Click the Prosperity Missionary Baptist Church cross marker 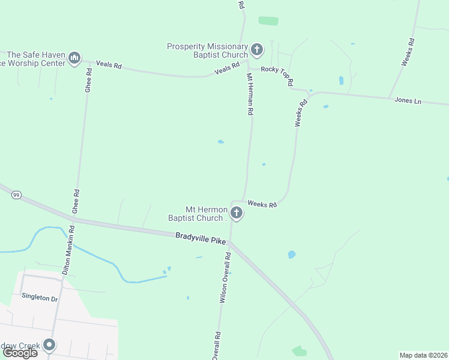point(257,49)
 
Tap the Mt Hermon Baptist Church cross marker point(237,212)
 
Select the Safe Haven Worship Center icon point(74,58)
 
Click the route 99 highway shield point(16,194)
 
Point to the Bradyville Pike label point(200,238)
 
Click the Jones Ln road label point(408,101)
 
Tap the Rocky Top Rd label point(277,74)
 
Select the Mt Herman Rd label point(250,94)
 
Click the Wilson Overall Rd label point(224,277)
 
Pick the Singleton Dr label point(40,298)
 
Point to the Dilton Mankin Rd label point(68,250)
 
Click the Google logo point(20,353)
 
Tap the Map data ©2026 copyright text point(423,355)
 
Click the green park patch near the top point(268,21)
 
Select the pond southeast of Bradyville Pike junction point(292,254)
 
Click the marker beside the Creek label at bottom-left point(49,345)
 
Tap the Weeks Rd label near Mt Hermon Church point(262,205)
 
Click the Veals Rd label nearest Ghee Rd point(109,65)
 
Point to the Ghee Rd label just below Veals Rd point(88,79)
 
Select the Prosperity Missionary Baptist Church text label point(207,51)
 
